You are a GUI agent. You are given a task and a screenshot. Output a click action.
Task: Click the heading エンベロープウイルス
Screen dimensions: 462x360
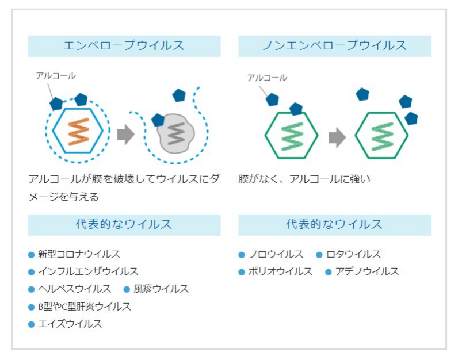124,45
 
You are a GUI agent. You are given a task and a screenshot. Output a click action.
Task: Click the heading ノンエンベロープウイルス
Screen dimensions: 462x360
334,45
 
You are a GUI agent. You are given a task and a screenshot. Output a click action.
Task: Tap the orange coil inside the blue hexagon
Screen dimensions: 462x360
79,132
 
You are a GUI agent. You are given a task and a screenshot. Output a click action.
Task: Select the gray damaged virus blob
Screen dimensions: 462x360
176,133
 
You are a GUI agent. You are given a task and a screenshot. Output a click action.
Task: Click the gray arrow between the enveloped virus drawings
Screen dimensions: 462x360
126,135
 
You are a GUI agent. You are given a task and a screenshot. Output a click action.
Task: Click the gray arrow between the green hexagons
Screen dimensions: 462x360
337,137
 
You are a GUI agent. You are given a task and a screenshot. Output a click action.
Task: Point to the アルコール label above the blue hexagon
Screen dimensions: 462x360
56,76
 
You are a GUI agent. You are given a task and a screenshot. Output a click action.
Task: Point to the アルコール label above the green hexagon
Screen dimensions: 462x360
267,78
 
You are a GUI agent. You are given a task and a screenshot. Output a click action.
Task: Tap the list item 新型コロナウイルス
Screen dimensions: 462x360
79,254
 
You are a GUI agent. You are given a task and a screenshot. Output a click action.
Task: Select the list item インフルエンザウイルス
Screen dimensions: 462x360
88,271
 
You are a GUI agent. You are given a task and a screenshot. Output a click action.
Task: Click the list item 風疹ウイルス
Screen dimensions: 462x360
161,289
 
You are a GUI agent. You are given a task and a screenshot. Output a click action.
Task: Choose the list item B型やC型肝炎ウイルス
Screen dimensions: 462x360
85,307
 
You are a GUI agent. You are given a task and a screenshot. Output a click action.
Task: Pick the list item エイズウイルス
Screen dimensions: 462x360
70,324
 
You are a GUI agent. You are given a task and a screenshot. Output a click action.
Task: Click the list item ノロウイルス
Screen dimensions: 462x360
276,254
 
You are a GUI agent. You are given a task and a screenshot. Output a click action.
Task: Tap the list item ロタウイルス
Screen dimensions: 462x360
353,254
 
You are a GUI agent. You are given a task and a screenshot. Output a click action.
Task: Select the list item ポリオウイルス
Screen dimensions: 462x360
280,271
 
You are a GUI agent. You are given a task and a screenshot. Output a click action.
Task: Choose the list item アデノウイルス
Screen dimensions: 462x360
367,271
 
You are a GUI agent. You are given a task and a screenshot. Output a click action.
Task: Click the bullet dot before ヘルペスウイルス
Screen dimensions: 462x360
32,289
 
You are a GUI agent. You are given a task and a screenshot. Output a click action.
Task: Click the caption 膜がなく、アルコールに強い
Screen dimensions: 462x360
304,179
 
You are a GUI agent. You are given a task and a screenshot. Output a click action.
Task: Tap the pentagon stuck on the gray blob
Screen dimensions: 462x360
158,120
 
